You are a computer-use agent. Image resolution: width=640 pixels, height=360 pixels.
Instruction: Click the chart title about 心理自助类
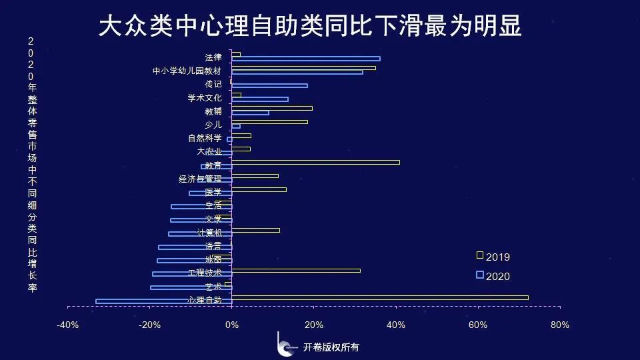310,27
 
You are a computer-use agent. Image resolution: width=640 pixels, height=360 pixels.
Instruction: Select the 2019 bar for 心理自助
380,297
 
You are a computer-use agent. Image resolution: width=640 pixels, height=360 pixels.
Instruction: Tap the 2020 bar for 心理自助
164,301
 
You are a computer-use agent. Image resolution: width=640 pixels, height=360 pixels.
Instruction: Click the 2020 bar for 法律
306,59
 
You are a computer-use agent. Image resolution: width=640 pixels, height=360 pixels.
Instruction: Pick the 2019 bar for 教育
315,162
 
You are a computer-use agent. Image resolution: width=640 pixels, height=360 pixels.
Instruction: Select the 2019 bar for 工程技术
296,270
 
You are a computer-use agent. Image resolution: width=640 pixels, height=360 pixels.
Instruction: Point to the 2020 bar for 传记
269,85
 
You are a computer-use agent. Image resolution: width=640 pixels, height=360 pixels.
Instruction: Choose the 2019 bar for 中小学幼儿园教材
303,67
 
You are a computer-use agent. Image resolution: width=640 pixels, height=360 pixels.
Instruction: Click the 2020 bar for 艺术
191,288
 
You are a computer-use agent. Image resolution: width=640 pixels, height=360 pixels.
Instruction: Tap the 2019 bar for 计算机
255,230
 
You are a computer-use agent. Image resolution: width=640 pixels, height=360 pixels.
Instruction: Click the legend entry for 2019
493,257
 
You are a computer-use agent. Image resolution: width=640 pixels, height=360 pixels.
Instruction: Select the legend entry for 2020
493,276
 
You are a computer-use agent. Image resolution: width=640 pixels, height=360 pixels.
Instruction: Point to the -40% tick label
68,325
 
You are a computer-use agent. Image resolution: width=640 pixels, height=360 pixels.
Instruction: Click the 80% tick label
560,325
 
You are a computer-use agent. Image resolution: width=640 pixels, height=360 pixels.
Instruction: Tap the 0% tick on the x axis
232,325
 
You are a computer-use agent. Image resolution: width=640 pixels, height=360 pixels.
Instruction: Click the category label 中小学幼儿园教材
191,71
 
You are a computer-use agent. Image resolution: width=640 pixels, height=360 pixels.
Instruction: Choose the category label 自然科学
205,139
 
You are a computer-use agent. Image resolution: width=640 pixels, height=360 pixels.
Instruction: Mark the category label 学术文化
205,98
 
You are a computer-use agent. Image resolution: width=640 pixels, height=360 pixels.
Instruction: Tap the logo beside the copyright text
285,345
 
